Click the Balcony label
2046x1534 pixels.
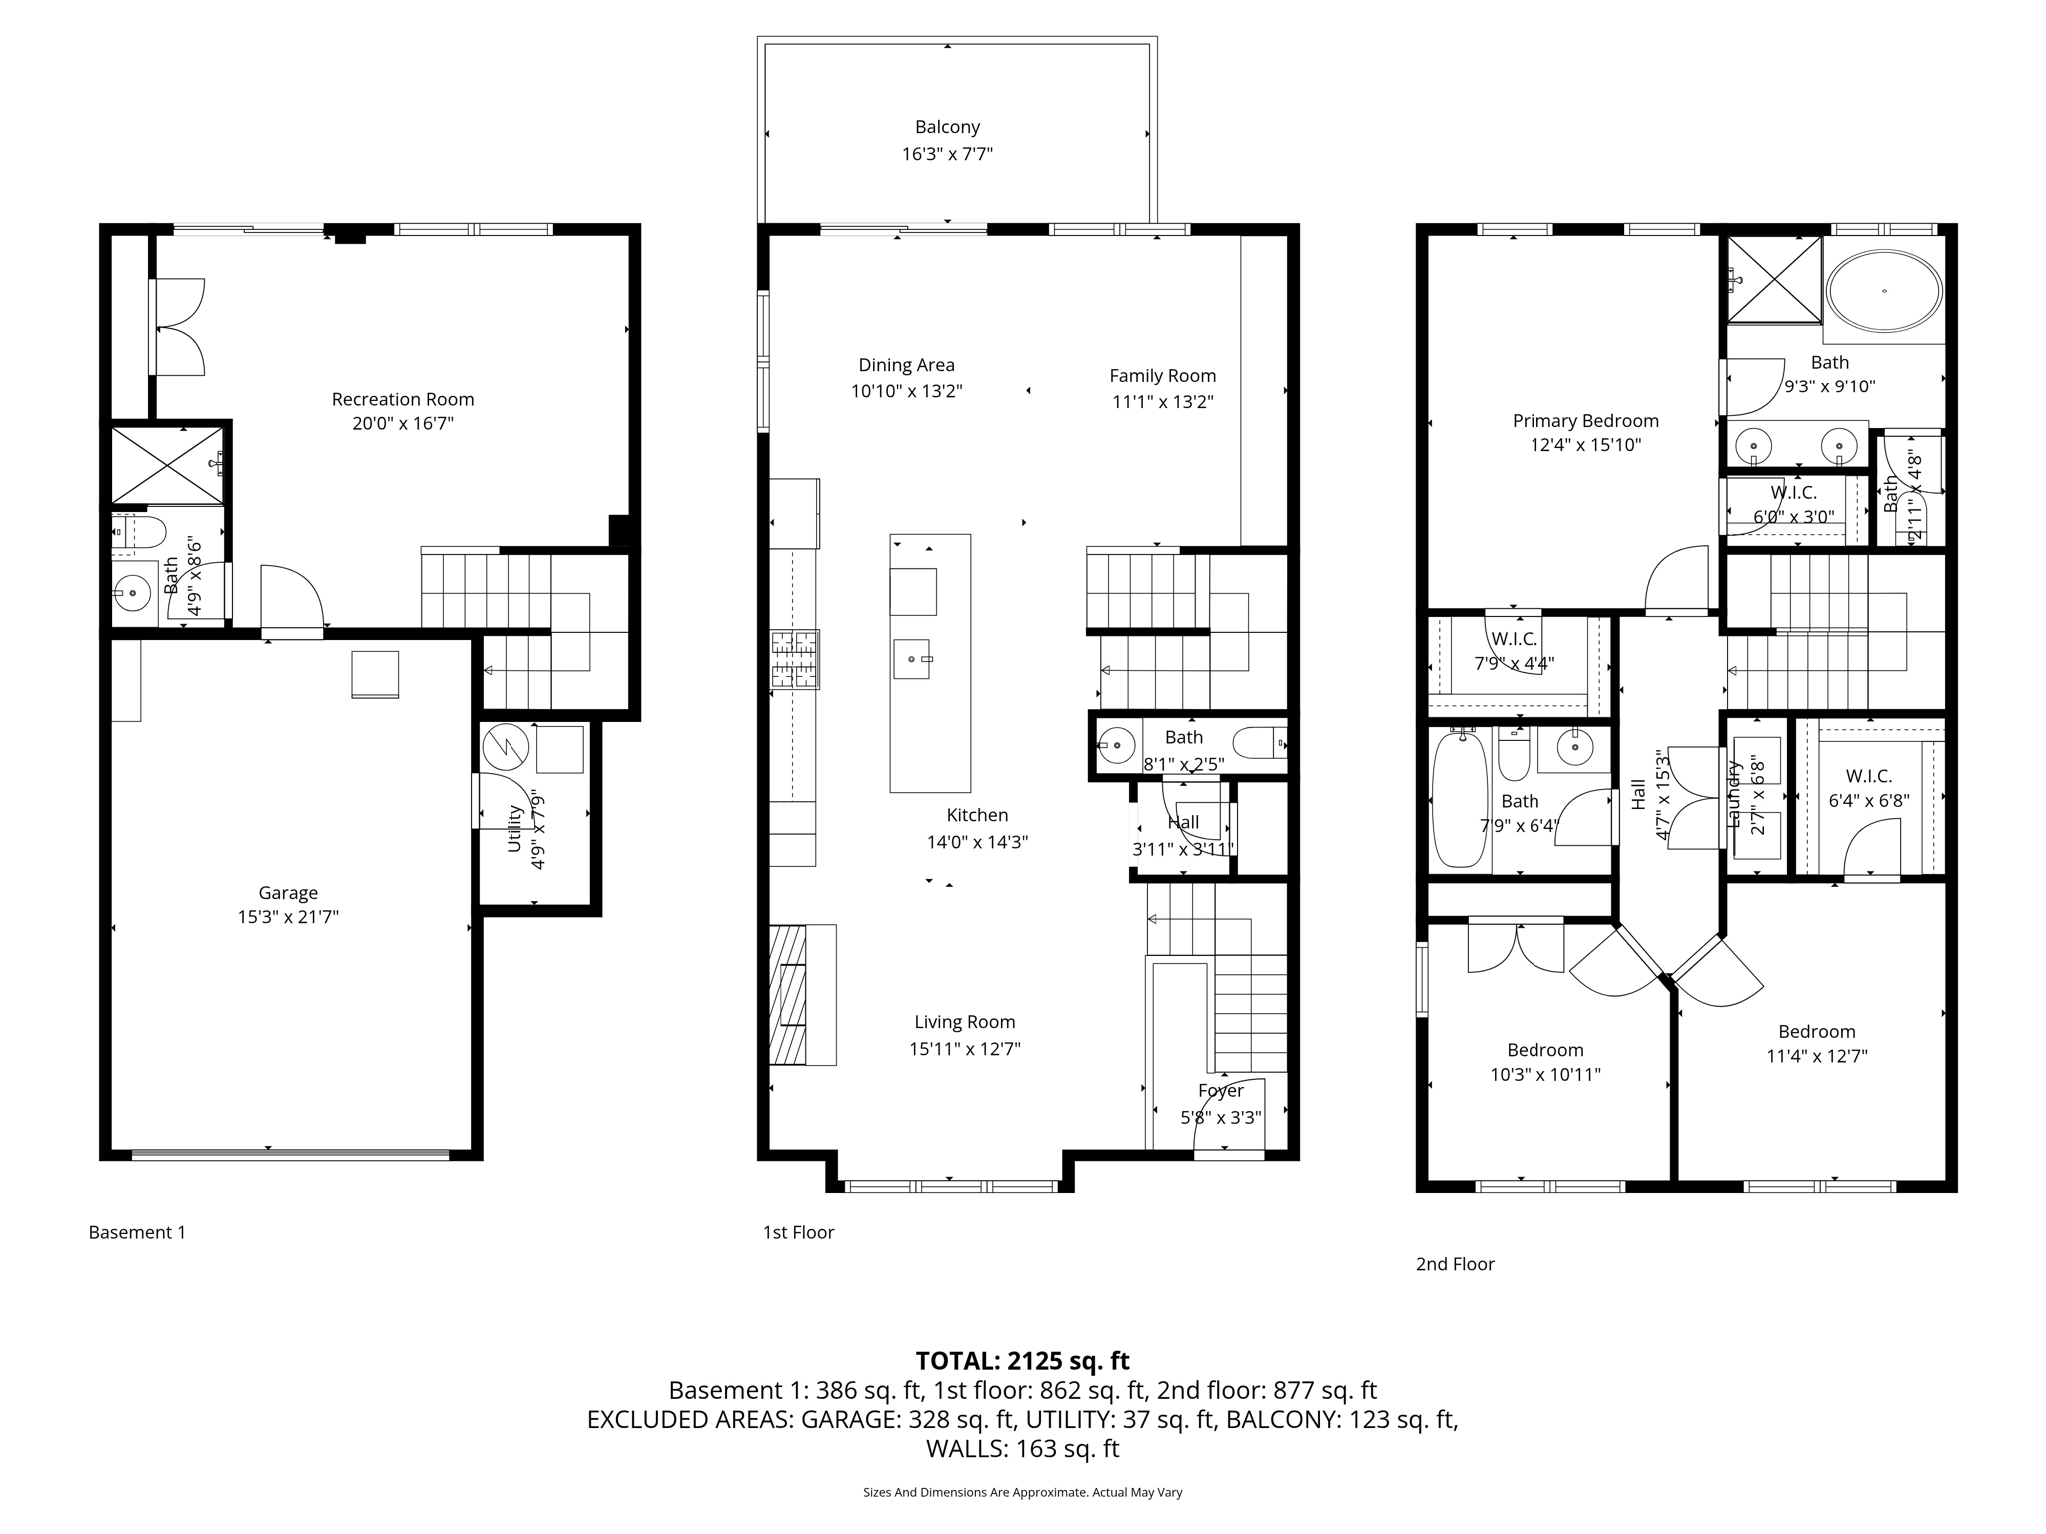click(947, 127)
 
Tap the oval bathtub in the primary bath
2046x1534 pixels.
click(1884, 290)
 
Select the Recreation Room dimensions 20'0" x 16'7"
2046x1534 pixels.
click(403, 423)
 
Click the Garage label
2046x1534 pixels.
click(288, 893)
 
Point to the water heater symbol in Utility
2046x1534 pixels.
click(505, 746)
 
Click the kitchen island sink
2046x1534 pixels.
click(912, 659)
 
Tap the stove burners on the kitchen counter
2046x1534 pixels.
click(795, 659)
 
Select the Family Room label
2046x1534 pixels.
click(1162, 376)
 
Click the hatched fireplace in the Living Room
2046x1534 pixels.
click(788, 995)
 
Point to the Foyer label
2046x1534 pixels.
click(1220, 1091)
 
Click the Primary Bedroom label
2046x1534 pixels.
click(1584, 421)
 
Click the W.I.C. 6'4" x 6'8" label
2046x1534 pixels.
click(1868, 776)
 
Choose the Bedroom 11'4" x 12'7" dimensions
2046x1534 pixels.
click(1816, 1056)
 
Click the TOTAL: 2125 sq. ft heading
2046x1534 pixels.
click(1022, 1361)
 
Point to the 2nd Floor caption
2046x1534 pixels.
click(1454, 1264)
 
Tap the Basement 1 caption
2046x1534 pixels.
click(137, 1232)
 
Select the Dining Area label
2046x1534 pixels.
click(906, 365)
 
